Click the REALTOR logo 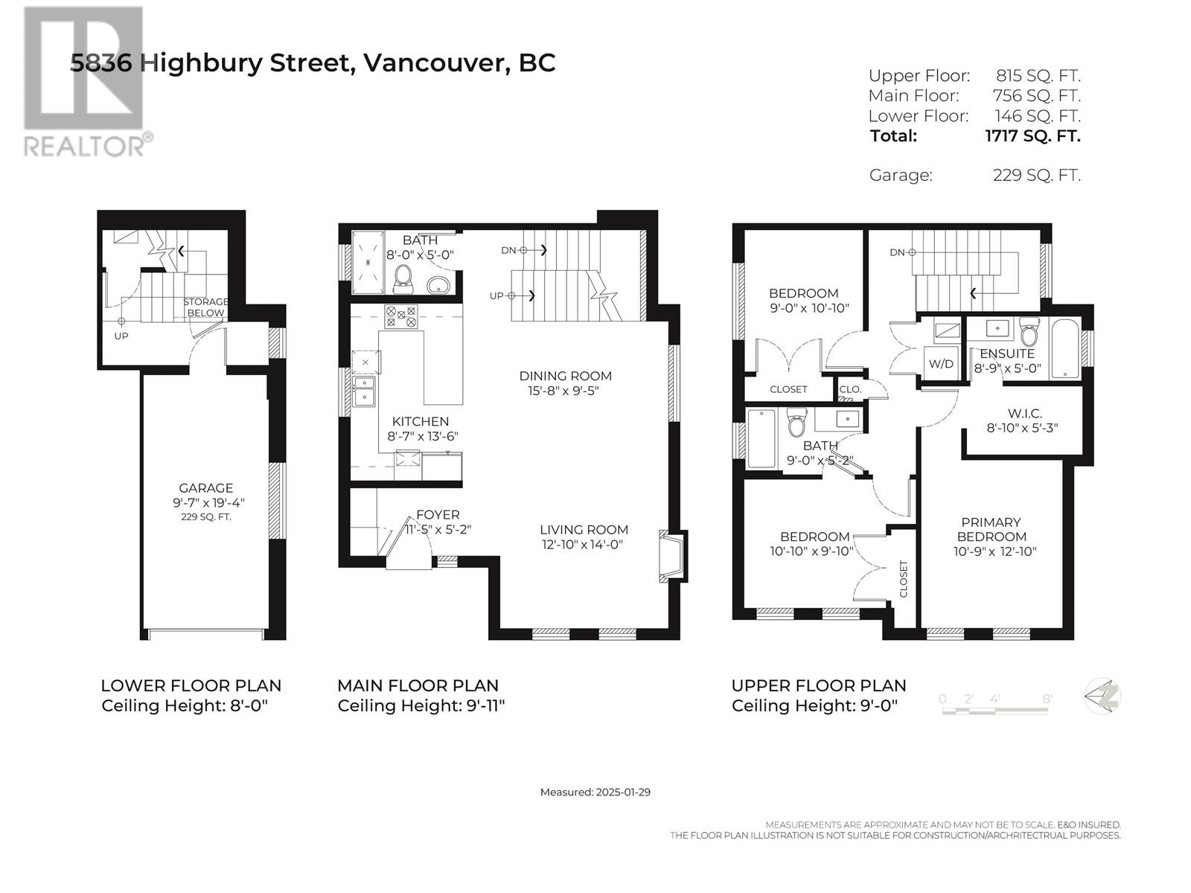pyautogui.click(x=87, y=82)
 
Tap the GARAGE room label pyautogui.click(x=205, y=487)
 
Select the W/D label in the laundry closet pyautogui.click(x=941, y=364)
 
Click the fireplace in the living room pyautogui.click(x=673, y=556)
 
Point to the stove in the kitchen pyautogui.click(x=401, y=317)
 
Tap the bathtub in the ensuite pyautogui.click(x=1065, y=348)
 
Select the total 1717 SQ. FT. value pyautogui.click(x=1032, y=135)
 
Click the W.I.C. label pyautogui.click(x=1022, y=414)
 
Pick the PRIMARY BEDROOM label pyautogui.click(x=992, y=529)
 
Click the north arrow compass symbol pyautogui.click(x=1102, y=697)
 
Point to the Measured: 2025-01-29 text pyautogui.click(x=595, y=792)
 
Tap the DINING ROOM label pyautogui.click(x=565, y=376)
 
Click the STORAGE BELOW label pyautogui.click(x=205, y=307)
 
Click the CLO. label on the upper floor pyautogui.click(x=850, y=389)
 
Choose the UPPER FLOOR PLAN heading pyautogui.click(x=819, y=686)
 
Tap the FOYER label pyautogui.click(x=438, y=514)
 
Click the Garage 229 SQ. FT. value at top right pyautogui.click(x=1036, y=175)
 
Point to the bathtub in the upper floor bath pyautogui.click(x=761, y=439)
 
